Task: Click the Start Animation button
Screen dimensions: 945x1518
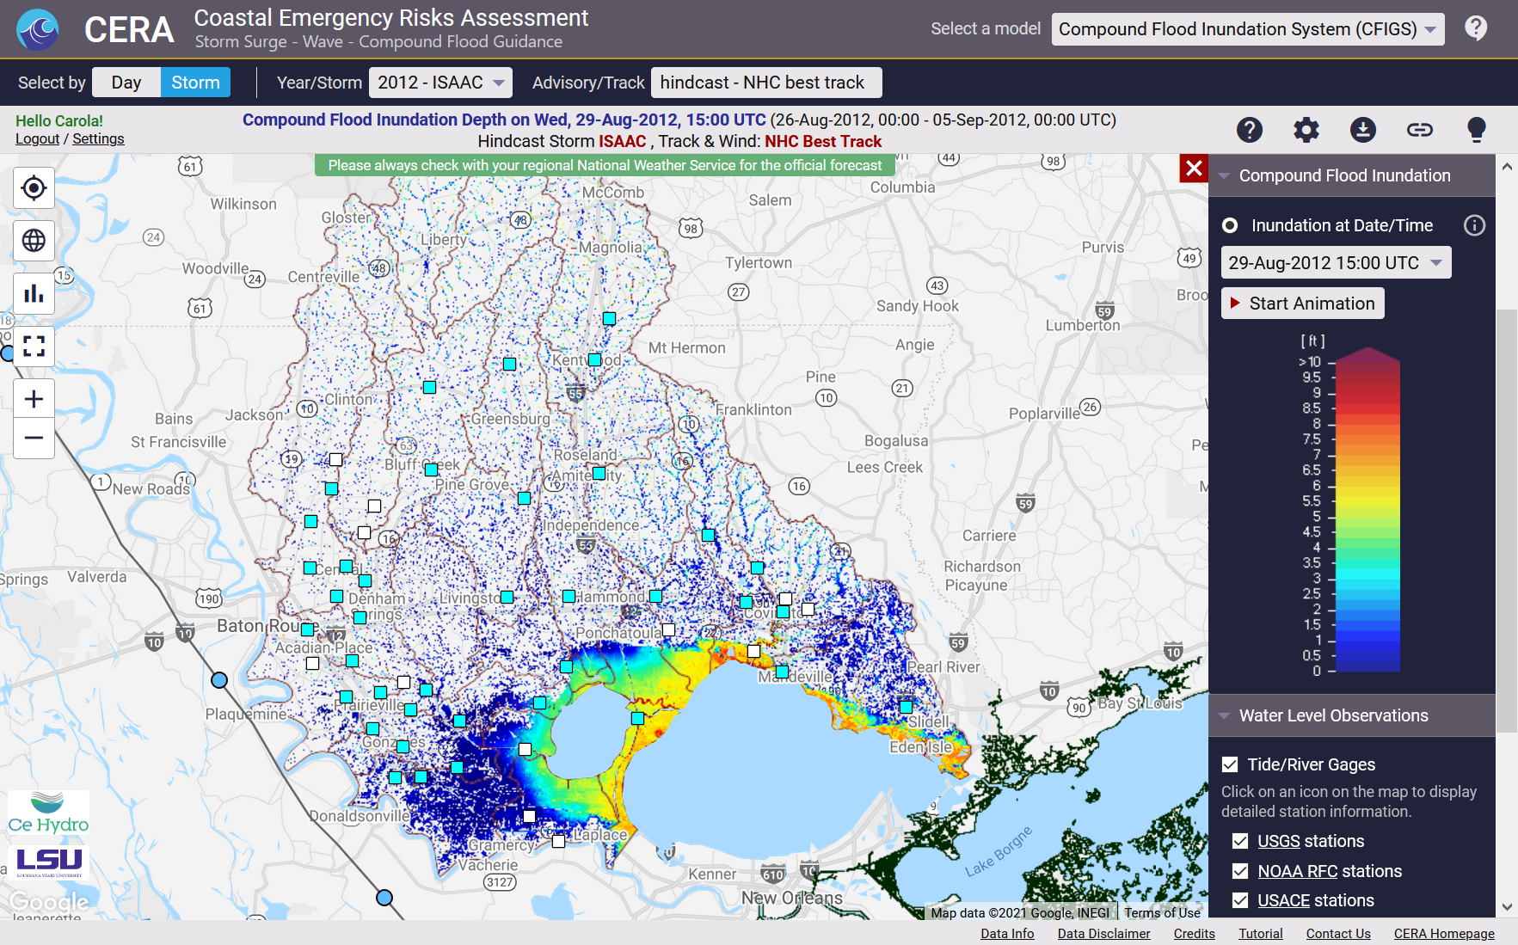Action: coord(1302,304)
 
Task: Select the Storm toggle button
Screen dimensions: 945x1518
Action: coord(195,83)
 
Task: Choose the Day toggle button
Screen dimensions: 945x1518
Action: coord(126,83)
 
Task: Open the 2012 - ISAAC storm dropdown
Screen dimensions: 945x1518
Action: coord(440,83)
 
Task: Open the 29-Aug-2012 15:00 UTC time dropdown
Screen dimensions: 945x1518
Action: coord(1335,263)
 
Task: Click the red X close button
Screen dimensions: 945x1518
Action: coord(1194,169)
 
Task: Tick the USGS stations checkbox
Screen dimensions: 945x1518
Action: coord(1240,841)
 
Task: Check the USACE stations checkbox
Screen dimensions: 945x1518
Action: coord(1240,900)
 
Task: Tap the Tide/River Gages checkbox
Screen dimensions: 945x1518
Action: coord(1230,764)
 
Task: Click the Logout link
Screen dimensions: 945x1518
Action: coord(37,139)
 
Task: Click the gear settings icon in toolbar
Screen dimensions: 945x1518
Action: coord(1306,130)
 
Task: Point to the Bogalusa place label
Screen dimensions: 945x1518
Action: coord(895,440)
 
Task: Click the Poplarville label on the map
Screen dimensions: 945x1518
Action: coord(1043,414)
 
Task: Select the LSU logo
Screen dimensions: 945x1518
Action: coord(49,861)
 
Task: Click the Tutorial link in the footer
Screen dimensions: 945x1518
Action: coord(1260,934)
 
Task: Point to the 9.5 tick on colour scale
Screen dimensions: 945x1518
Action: coord(1312,377)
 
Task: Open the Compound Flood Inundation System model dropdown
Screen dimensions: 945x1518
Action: coord(1247,29)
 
